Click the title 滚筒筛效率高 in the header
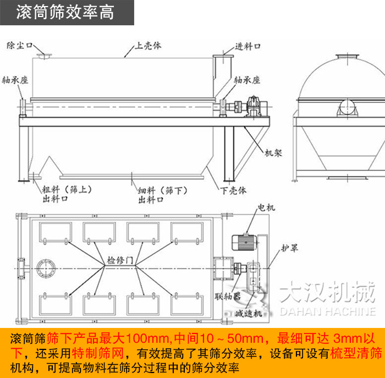pos(65,12)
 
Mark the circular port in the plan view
pos(46,269)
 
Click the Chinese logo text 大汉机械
pos(327,294)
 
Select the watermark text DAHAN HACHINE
pos(328,312)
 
